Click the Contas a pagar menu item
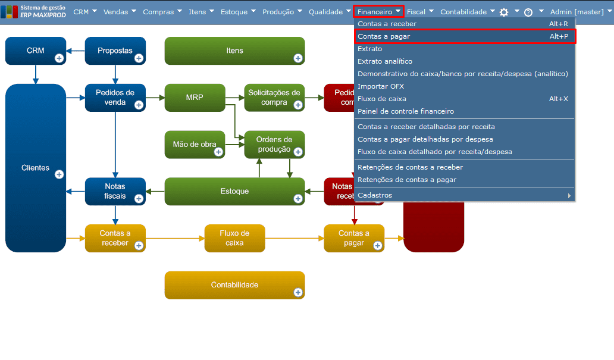[384, 36]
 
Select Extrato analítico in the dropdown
[385, 61]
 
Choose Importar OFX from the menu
[381, 86]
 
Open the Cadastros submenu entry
[375, 195]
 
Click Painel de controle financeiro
[406, 111]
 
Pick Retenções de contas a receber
[410, 167]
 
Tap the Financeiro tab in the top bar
[378, 11]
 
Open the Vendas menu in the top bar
[119, 11]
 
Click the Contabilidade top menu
[467, 11]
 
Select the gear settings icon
[504, 12]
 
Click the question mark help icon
[528, 12]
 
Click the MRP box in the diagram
[195, 98]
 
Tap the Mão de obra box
[195, 145]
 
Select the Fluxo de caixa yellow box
[234, 238]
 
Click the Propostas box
[115, 51]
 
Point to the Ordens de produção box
[274, 145]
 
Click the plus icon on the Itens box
[298, 58]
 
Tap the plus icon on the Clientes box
[59, 174]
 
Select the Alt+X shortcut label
[558, 99]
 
